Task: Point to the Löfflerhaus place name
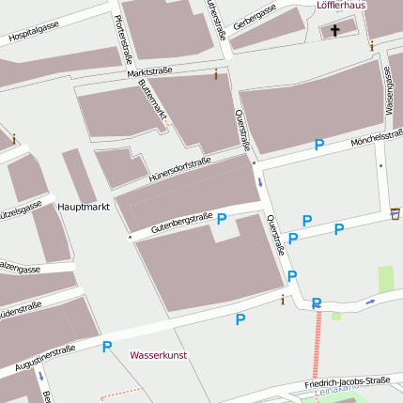coord(340,6)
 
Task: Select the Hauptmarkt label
coord(84,206)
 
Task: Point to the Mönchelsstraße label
coord(376,138)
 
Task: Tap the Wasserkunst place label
coord(159,356)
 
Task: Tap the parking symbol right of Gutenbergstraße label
coord(222,219)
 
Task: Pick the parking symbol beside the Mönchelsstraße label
coord(319,145)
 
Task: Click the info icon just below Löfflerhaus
coord(371,45)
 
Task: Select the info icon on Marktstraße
coord(216,73)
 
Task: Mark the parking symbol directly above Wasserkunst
coord(107,347)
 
